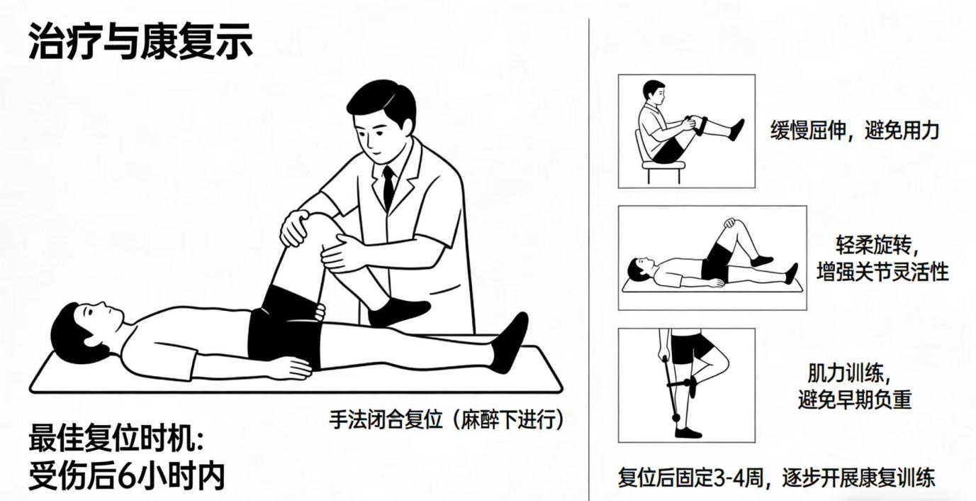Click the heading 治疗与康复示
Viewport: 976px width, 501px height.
140,41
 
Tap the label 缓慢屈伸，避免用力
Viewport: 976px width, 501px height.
854,130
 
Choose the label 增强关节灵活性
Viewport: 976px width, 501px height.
882,272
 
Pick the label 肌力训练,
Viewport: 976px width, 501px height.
849,373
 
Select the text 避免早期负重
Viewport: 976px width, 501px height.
855,400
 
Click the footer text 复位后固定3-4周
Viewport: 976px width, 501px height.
691,478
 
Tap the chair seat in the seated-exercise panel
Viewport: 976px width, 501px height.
663,165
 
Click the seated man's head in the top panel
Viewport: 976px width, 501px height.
654,92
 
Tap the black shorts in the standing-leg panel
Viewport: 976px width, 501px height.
692,348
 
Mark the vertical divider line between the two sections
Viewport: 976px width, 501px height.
589,260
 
